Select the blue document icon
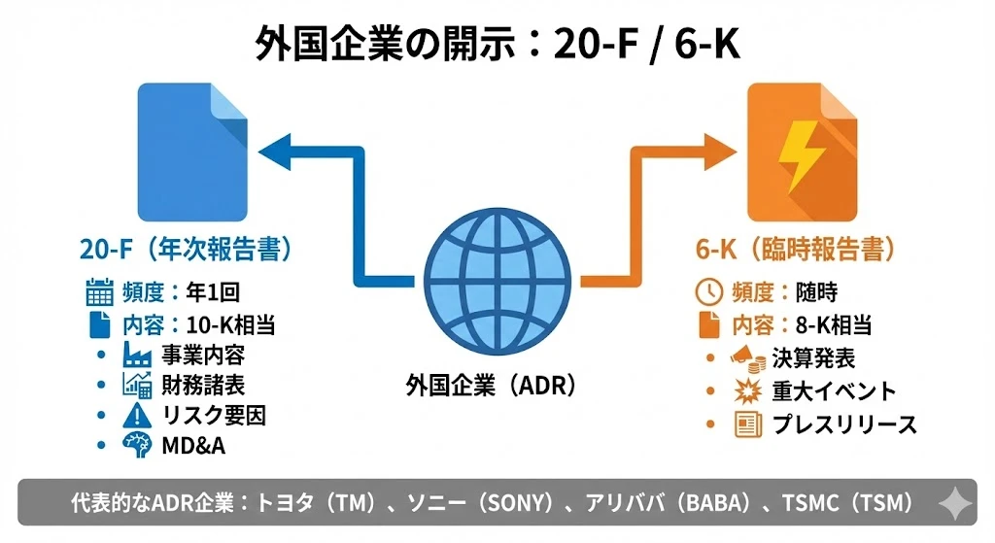[x=191, y=153]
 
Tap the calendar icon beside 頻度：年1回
[x=100, y=290]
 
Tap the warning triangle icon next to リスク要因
[x=136, y=416]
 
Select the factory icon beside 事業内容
[x=136, y=355]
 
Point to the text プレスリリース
[x=844, y=424]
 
